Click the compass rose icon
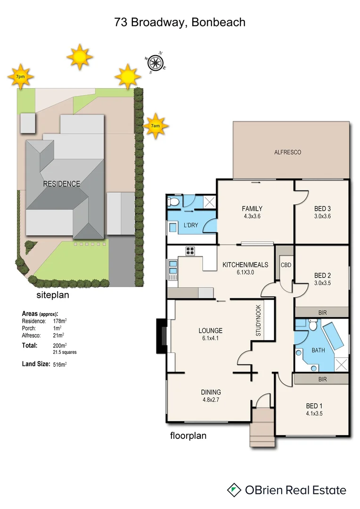[155, 62]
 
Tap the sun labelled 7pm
[20, 76]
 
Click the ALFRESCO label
[287, 152]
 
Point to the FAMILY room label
[252, 209]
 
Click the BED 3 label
[322, 209]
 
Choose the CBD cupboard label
[286, 265]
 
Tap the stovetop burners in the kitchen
[190, 251]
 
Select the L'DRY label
[190, 225]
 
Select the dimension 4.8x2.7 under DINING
[210, 400]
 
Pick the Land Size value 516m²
[60, 363]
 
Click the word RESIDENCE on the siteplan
[62, 184]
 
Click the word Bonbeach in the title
[218, 22]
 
